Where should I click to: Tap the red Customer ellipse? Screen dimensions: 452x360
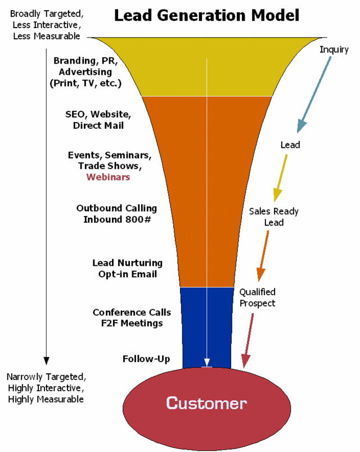[206, 403]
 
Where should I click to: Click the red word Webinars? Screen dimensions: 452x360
[108, 177]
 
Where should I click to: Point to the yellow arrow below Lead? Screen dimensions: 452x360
[281, 177]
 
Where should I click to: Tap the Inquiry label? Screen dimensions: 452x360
[334, 49]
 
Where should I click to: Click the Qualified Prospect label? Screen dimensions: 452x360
[257, 297]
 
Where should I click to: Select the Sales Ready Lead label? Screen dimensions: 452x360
[274, 217]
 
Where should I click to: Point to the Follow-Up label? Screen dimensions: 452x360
[146, 359]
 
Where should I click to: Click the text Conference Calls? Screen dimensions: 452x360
[132, 313]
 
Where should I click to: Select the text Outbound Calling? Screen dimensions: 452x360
[116, 209]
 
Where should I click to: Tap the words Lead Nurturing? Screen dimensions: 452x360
[127, 263]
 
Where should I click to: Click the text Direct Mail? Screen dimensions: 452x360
[98, 125]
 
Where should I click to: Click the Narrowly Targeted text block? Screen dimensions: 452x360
[46, 388]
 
